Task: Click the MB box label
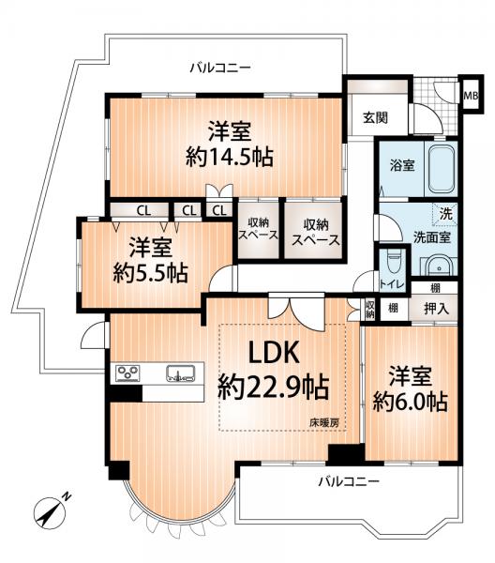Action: tap(472, 94)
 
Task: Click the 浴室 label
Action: tap(403, 164)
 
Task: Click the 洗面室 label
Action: tap(432, 237)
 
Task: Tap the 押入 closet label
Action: tap(436, 308)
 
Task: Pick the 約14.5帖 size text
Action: tap(229, 158)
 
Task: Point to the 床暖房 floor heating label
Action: tap(324, 422)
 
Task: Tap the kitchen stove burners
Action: tap(127, 373)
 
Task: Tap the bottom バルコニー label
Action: tap(347, 481)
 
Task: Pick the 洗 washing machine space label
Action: tap(447, 214)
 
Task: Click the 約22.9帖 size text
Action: tap(273, 387)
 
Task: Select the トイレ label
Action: tap(391, 282)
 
